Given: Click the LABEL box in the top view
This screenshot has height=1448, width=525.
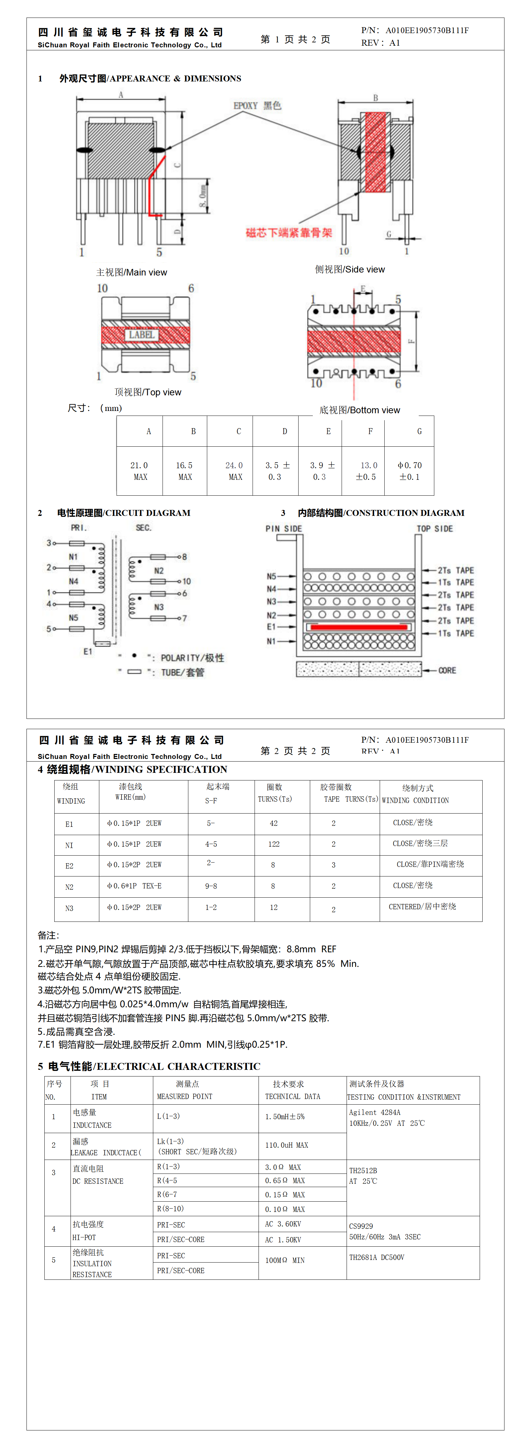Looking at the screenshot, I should pos(141,335).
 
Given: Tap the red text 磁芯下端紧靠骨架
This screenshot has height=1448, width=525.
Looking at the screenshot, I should pos(289,233).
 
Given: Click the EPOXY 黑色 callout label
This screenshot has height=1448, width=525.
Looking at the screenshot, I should pos(257,106).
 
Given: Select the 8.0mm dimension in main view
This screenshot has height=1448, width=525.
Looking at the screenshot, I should pos(202,196).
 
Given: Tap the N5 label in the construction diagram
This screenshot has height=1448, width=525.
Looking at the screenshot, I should pos(271,576).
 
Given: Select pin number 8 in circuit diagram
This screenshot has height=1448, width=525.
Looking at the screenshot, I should pos(184,557).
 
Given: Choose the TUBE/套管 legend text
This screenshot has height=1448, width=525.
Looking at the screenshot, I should pos(183,672).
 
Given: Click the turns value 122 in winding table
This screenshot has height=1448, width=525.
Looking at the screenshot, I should pos(274,844).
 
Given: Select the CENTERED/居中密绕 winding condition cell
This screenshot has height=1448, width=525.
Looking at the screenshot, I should pos(422,907).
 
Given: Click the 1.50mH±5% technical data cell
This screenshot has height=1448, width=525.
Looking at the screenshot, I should pos(285,1116).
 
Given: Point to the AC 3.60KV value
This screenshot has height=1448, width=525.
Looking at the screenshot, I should pos(283,1224).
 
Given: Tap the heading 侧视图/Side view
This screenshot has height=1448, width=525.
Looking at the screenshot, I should pos(350,270).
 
